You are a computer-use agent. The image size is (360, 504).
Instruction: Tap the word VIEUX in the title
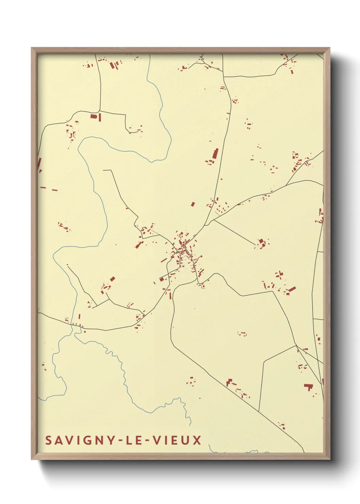[177, 440]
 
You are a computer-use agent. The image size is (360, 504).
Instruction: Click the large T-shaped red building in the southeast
[308, 387]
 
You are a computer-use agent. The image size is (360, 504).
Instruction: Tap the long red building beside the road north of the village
[215, 154]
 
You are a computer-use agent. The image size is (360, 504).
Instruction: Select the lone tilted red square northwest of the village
[193, 204]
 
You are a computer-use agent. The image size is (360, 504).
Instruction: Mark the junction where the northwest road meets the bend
[99, 111]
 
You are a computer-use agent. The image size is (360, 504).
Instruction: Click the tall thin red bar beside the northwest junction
[100, 117]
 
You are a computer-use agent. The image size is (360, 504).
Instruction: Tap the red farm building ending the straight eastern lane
[261, 242]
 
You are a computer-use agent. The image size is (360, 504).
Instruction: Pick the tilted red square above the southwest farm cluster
[112, 279]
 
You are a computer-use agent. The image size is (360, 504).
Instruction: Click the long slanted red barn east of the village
[292, 289]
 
